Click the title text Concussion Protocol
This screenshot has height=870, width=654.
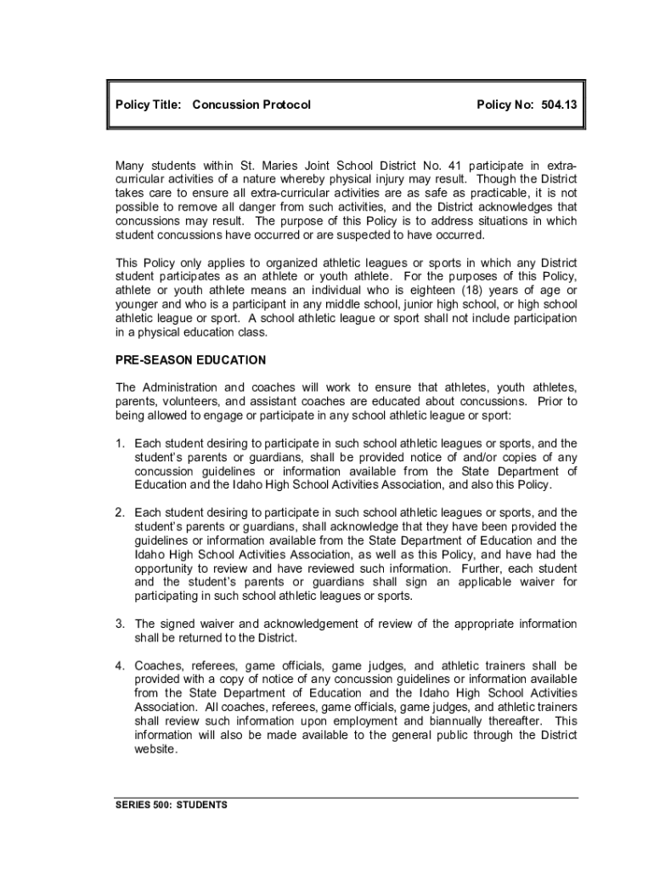coord(251,105)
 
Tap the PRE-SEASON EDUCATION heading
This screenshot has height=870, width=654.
coord(191,360)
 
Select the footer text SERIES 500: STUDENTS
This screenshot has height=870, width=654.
coord(172,805)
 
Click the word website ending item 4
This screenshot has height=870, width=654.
coord(155,750)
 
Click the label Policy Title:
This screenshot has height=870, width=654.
coord(149,105)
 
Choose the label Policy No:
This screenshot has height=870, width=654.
coord(505,105)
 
